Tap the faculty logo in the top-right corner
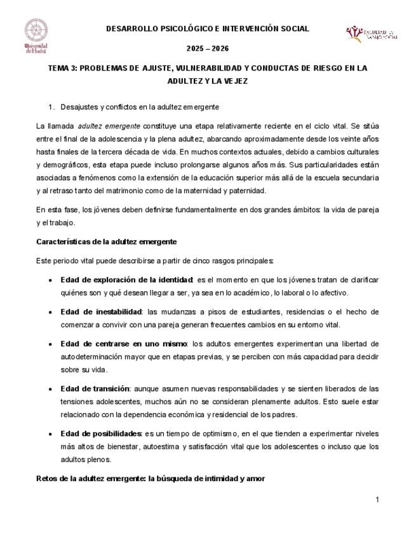coord(372,34)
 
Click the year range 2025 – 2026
coord(208,49)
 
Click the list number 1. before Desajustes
coord(51,106)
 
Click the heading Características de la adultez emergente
coord(106,242)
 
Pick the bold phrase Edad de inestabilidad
coord(101,311)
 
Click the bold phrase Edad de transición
coord(95,388)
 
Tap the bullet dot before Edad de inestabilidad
coord(50,312)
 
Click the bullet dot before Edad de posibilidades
coord(50,433)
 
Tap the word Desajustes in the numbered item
coord(80,106)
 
